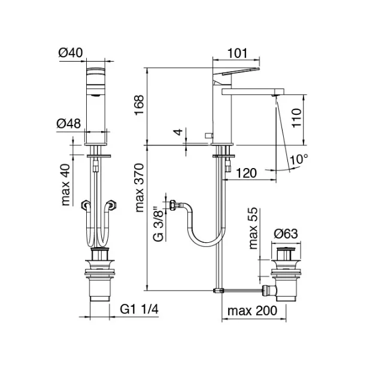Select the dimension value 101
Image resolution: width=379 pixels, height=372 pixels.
pyautogui.click(x=238, y=53)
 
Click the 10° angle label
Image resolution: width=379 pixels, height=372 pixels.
pyautogui.click(x=299, y=160)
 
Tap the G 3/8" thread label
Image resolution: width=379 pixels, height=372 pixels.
pyautogui.click(x=157, y=224)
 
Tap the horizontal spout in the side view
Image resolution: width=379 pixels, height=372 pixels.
pyautogui.click(x=251, y=91)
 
